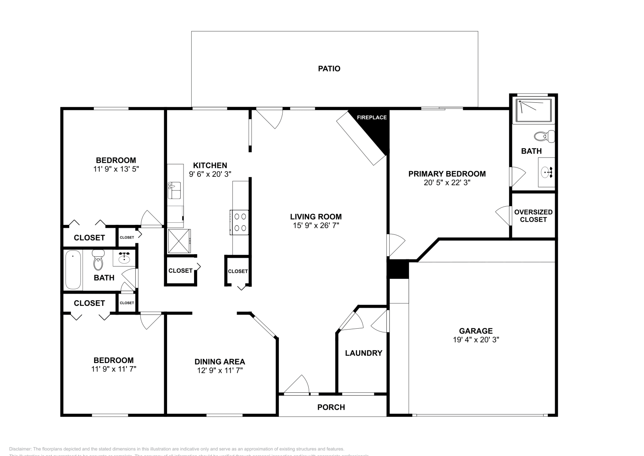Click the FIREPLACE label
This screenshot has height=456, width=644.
pos(372,118)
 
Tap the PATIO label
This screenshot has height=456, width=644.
pos(329,69)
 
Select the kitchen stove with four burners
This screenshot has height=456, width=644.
pos(239,222)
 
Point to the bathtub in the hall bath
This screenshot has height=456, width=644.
pos(73,269)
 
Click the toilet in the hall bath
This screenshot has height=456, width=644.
pos(98,261)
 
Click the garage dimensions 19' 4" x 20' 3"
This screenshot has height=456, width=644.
pos(476,340)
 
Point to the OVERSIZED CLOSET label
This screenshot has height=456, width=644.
pos(533,216)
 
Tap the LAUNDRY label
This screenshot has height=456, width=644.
pos(363,353)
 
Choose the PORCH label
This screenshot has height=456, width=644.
pos(331,407)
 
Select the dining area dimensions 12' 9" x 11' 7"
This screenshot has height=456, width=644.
pos(220,370)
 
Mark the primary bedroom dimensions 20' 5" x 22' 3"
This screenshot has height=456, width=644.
pos(447,182)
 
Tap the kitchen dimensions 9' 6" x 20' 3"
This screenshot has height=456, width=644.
pos(210,174)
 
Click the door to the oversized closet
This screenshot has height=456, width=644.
pos(504,215)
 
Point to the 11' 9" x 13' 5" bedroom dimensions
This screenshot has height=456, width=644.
pos(116,169)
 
